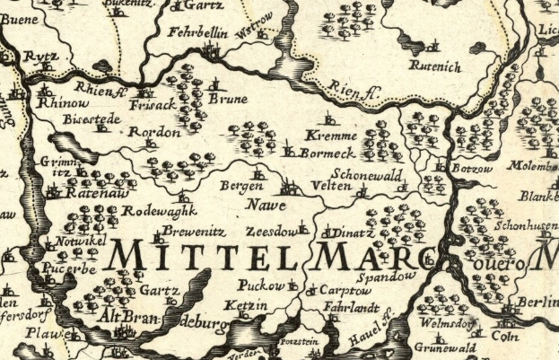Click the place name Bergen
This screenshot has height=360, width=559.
[x=240, y=186]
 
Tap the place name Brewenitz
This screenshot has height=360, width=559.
[x=187, y=231]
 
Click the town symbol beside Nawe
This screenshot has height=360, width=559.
[x=289, y=189]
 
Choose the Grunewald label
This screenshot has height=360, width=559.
[x=445, y=347]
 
